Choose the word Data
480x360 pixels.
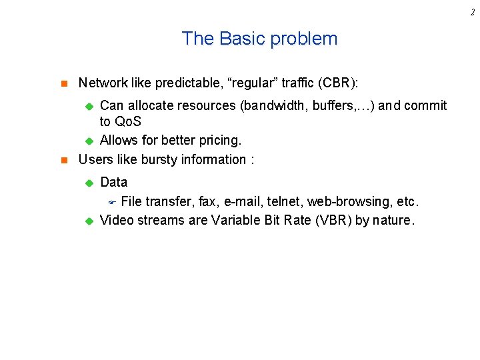pyautogui.click(x=113, y=182)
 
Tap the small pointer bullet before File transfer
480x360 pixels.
pyautogui.click(x=113, y=202)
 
